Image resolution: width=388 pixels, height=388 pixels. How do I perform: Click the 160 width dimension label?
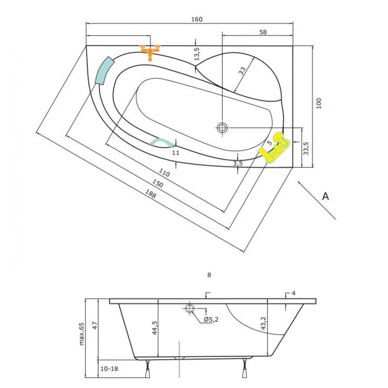pyautogui.click(x=197, y=19)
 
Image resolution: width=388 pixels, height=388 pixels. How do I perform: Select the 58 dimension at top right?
pyautogui.click(x=263, y=32)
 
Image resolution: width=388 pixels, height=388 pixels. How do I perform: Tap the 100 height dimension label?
pyautogui.click(x=319, y=103)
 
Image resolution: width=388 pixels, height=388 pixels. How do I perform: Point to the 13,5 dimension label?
pyautogui.click(x=197, y=54)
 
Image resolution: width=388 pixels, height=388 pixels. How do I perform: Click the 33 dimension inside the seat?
pyautogui.click(x=242, y=71)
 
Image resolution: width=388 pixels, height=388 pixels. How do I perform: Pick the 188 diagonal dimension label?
pyautogui.click(x=150, y=194)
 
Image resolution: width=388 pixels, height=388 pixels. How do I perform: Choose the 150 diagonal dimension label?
pyautogui.click(x=157, y=183)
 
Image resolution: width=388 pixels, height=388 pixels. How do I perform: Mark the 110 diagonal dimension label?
pyautogui.click(x=164, y=173)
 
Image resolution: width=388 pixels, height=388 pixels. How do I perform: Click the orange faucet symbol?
pyautogui.click(x=150, y=52)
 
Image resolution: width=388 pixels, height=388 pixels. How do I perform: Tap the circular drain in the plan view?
pyautogui.click(x=222, y=128)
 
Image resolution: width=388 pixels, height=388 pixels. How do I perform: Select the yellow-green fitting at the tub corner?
pyautogui.click(x=274, y=148)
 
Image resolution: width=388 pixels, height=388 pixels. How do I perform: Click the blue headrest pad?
pyautogui.click(x=105, y=71)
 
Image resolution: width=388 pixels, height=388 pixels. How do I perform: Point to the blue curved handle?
pyautogui.click(x=163, y=142)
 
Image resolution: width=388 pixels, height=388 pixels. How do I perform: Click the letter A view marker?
pyautogui.click(x=325, y=196)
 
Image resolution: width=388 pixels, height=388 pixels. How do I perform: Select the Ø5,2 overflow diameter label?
pyautogui.click(x=211, y=320)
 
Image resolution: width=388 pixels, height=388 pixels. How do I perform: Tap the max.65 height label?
pyautogui.click(x=81, y=334)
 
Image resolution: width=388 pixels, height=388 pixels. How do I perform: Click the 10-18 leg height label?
pyautogui.click(x=109, y=369)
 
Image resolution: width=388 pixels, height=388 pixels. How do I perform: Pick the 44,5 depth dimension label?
pyautogui.click(x=155, y=328)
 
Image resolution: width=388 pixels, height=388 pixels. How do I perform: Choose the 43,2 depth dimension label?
pyautogui.click(x=263, y=323)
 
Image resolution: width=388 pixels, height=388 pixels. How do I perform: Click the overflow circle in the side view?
pyautogui.click(x=190, y=308)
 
